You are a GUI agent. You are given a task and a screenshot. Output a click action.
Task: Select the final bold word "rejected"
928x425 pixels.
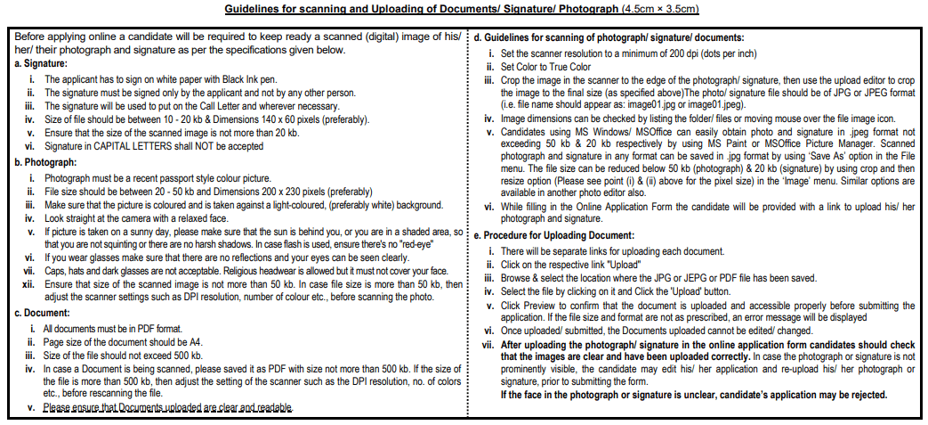point(864,394)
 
